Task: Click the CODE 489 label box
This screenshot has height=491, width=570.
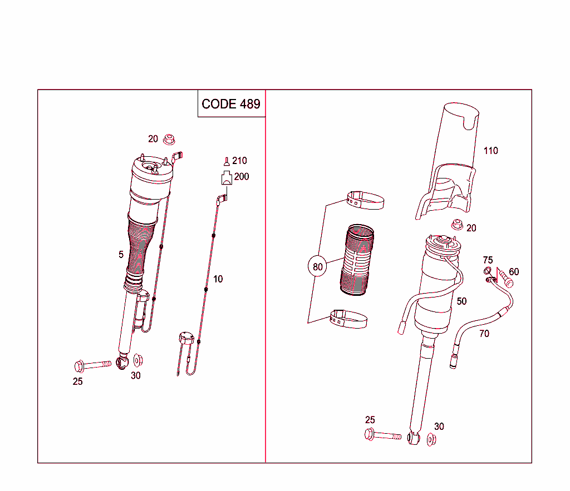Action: (231, 104)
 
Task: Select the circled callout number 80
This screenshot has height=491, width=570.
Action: (317, 267)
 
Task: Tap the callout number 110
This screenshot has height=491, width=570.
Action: (490, 151)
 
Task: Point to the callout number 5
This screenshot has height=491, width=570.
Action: (121, 255)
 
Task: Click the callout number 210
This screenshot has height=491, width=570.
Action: (239, 161)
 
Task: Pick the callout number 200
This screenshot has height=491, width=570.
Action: (242, 177)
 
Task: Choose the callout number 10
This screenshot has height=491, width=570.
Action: (218, 279)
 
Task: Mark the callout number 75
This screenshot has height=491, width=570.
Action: (488, 260)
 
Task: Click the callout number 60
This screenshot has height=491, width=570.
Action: (514, 272)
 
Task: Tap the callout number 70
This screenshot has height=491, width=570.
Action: (484, 334)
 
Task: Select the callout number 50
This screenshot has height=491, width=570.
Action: (461, 301)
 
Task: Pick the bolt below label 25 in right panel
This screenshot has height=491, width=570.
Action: (383, 436)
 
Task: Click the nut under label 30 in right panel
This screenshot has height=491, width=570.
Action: (431, 439)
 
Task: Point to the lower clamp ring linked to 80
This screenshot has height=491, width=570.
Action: (348, 319)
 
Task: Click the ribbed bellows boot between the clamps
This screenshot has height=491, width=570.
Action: (357, 259)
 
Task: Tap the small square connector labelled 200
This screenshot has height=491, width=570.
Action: (227, 178)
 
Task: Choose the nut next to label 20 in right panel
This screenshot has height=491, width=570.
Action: (456, 225)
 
